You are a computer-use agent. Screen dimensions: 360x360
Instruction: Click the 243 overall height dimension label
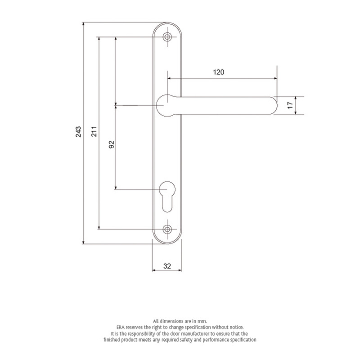click(x=78, y=131)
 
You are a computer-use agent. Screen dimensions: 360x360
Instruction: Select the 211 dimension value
click(x=94, y=131)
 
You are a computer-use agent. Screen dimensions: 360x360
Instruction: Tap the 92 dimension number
click(x=112, y=144)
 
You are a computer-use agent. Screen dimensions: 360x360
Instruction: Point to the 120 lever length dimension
click(x=218, y=72)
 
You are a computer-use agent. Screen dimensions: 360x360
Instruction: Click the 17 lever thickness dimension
click(x=290, y=105)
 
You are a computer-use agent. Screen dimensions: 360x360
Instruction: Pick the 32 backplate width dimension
click(x=167, y=266)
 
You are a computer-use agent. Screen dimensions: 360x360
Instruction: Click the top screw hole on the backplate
click(x=168, y=37)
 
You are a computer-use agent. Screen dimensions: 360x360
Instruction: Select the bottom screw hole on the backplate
click(x=168, y=229)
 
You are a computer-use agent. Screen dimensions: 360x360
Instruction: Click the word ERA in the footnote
click(x=122, y=326)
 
